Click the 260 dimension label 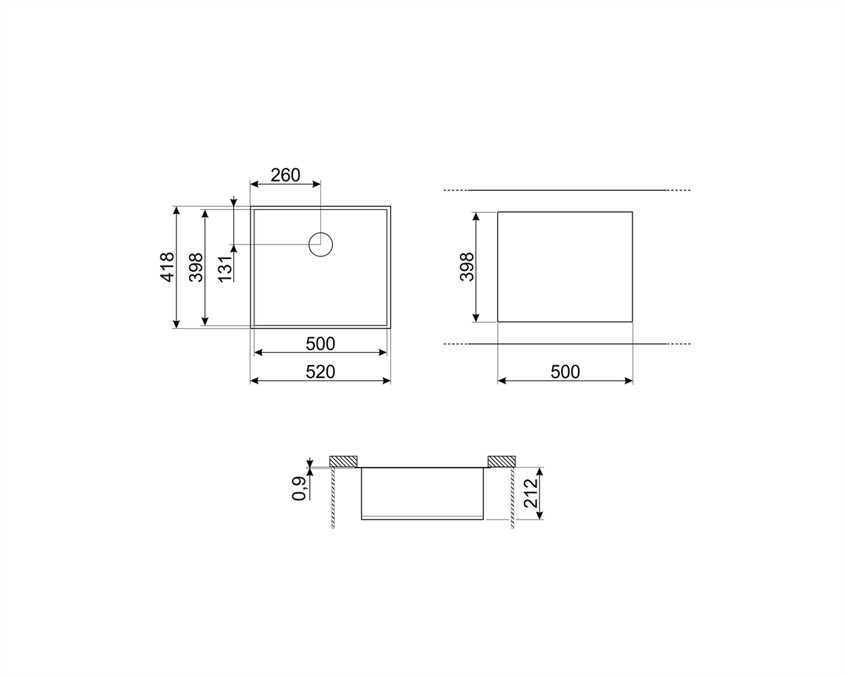coord(285,175)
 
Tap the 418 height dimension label coord(168,267)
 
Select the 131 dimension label coord(225,269)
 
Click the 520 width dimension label coord(320,372)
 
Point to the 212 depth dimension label coord(531,494)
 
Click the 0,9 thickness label coord(299,489)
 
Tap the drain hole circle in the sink coord(321,244)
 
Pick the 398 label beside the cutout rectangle coord(466,267)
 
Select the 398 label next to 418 coord(196,267)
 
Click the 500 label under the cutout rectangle coord(565,372)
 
